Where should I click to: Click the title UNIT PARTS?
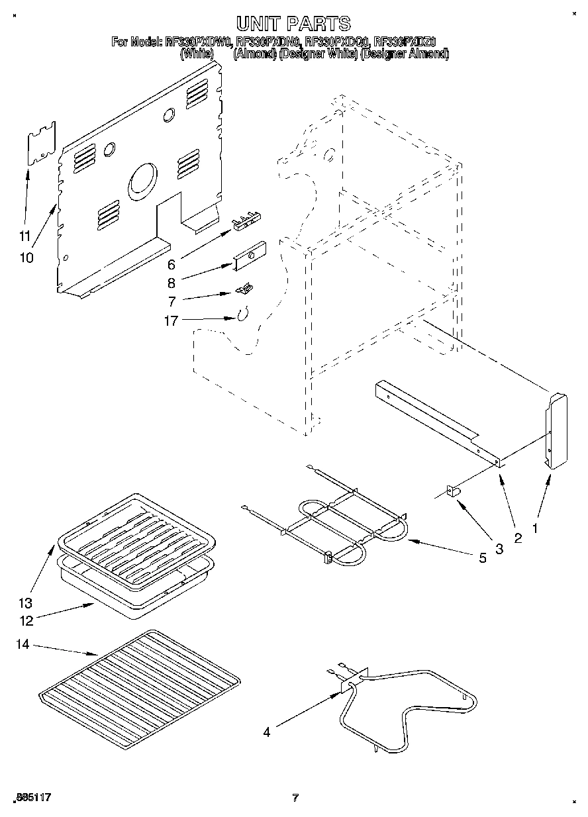tap(293, 24)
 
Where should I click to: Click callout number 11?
tap(25, 235)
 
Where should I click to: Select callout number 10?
tap(26, 258)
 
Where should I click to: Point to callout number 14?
tap(23, 644)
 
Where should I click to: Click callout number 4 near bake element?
tap(266, 732)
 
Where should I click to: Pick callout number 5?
tap(482, 558)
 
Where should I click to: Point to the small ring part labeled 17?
tap(242, 314)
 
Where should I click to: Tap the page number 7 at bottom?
tap(296, 798)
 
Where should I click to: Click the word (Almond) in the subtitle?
tap(254, 54)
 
